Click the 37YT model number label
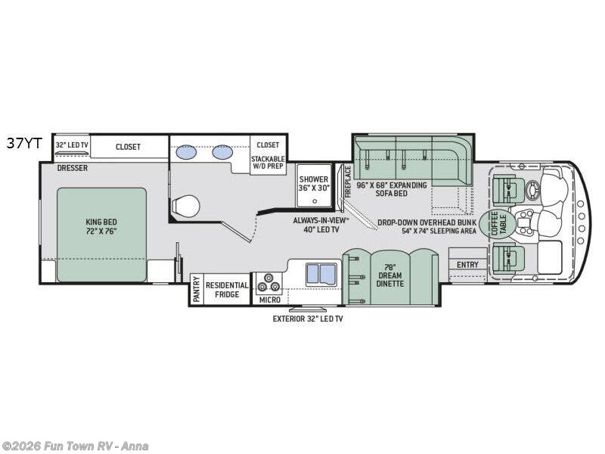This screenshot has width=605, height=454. click(x=24, y=144)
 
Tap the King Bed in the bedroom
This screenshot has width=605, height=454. click(x=102, y=235)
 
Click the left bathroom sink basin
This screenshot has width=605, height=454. click(x=186, y=152)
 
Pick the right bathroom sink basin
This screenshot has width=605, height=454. click(x=222, y=152)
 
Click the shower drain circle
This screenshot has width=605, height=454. click(x=315, y=201)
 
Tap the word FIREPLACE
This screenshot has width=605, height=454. click(x=348, y=182)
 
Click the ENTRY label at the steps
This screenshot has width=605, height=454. click(x=467, y=265)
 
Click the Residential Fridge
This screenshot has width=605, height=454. click(x=227, y=290)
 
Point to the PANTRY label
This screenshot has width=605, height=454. click(x=197, y=290)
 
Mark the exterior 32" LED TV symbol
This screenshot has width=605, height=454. click(x=308, y=309)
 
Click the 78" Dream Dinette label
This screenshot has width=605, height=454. click(x=389, y=275)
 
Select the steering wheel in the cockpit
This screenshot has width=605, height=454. click(x=535, y=190)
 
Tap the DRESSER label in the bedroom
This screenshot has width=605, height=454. click(x=72, y=168)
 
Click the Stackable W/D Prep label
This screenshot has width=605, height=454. click(x=268, y=162)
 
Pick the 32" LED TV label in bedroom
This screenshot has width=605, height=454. click(x=72, y=145)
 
